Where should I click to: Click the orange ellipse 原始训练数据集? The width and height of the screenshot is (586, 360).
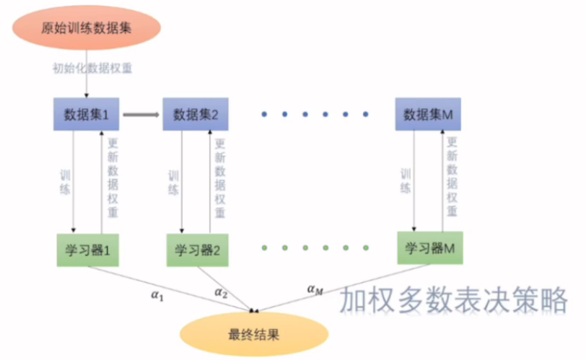[86, 28]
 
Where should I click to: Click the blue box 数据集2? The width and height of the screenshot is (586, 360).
[196, 114]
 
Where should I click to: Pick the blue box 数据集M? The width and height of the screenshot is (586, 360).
[428, 114]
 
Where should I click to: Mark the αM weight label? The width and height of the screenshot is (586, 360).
[315, 289]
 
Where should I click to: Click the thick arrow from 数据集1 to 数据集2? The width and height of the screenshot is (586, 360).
[140, 114]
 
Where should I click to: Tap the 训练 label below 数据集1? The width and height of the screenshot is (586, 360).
[65, 182]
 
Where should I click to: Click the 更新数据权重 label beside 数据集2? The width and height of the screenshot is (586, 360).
[219, 178]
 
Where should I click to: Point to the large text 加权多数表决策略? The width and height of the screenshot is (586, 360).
[454, 300]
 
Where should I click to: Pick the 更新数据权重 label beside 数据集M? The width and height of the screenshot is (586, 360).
[452, 177]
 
